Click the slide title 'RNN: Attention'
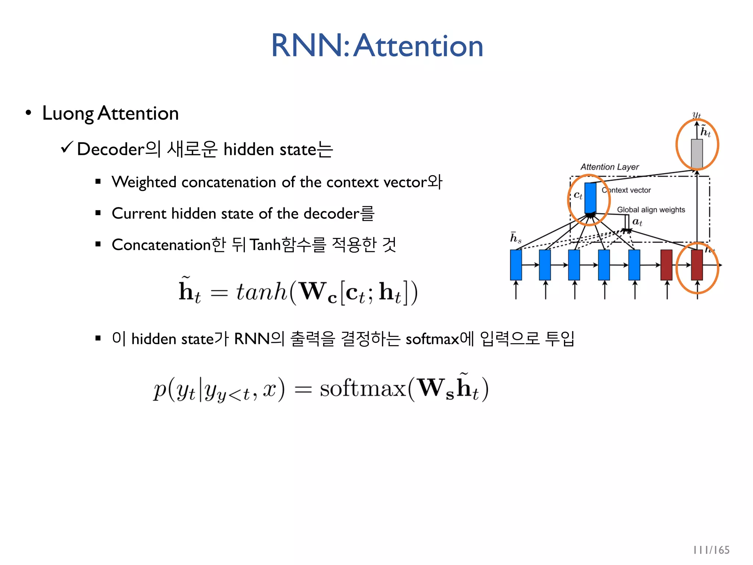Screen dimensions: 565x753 (377, 46)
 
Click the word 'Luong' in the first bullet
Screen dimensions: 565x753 (68, 113)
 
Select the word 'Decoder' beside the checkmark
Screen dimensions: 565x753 (111, 149)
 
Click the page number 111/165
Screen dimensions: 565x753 (711, 550)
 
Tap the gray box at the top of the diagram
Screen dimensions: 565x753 (697, 154)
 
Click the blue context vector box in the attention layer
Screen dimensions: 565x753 (590, 198)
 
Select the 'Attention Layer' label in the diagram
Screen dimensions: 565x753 (610, 167)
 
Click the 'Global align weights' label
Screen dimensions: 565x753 (651, 210)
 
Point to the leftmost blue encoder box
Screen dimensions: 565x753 (516, 265)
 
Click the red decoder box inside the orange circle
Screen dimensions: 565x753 (697, 265)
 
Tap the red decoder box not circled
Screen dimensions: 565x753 (666, 265)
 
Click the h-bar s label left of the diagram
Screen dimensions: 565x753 (515, 238)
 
